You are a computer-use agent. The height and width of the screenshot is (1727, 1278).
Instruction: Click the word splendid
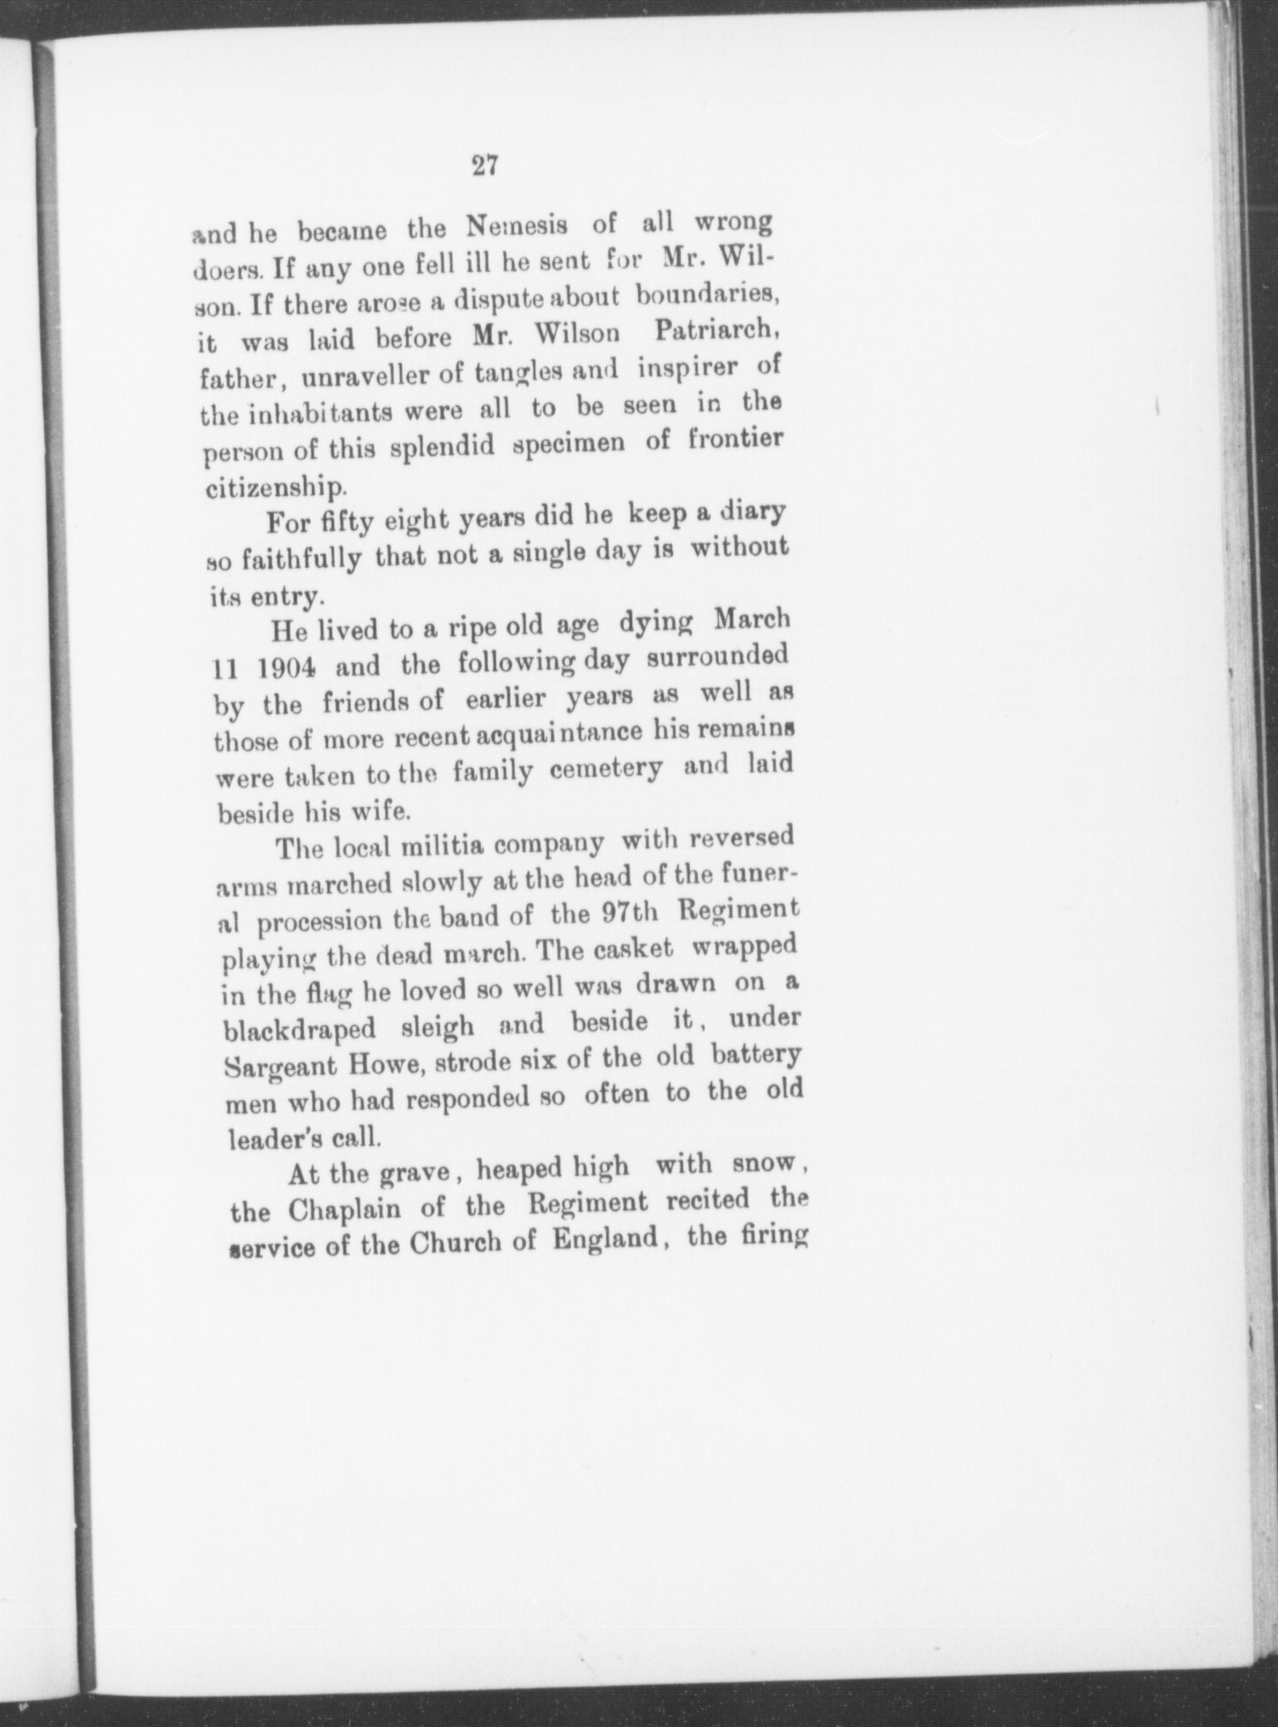click(442, 446)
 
